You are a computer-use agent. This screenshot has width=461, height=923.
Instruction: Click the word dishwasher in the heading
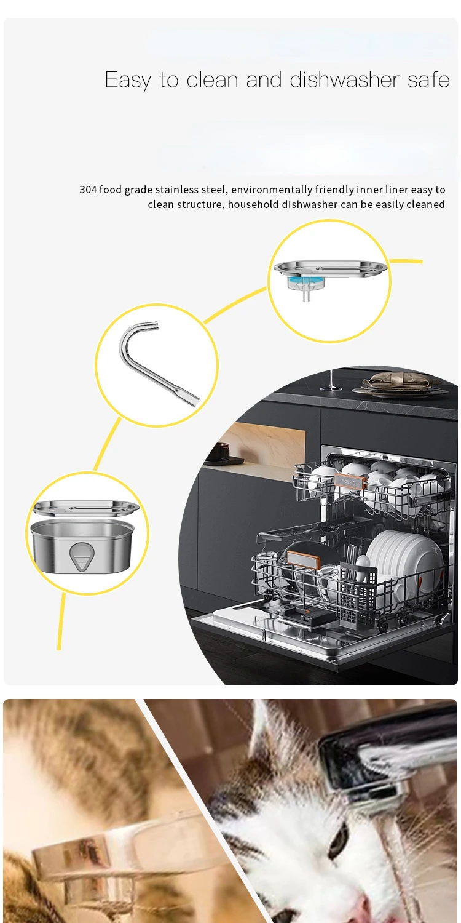click(345, 79)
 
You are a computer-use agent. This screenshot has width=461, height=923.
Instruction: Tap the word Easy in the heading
click(128, 81)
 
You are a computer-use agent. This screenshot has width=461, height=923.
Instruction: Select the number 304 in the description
click(88, 190)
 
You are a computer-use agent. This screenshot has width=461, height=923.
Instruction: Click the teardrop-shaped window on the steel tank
click(81, 556)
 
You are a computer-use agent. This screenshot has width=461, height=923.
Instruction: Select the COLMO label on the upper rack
click(349, 481)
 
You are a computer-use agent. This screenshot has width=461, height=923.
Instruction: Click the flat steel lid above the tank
click(85, 508)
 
